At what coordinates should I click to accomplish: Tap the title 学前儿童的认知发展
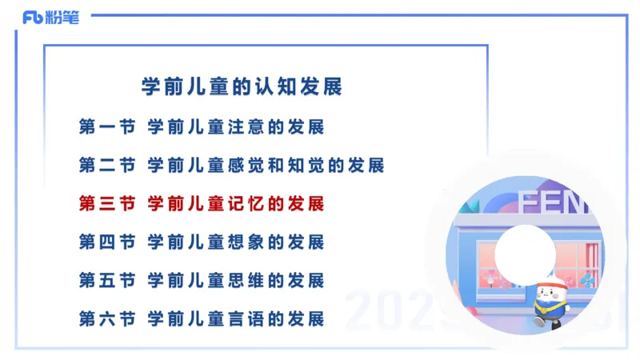tap(242, 87)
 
